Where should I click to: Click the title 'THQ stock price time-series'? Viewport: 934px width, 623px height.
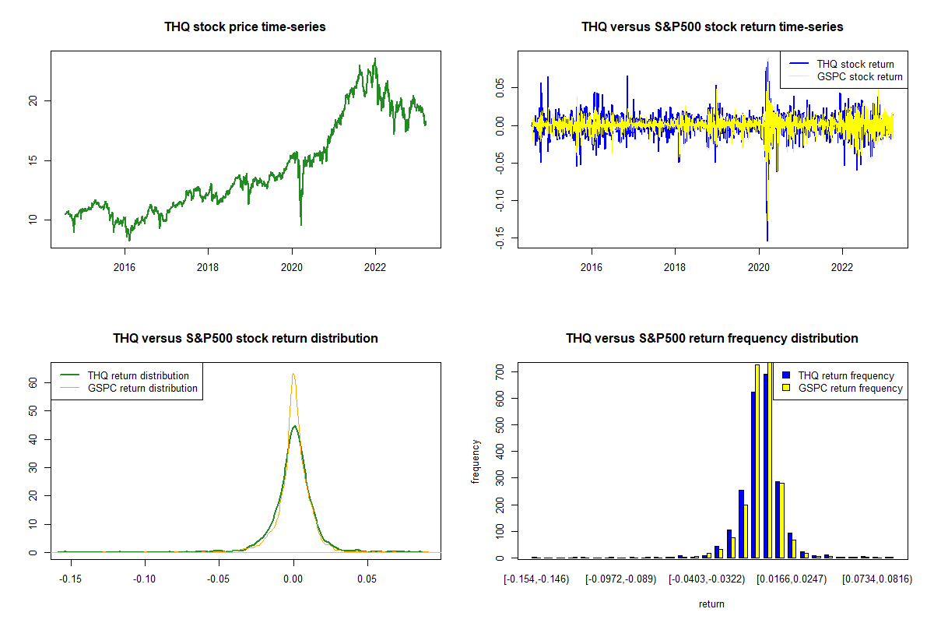(245, 26)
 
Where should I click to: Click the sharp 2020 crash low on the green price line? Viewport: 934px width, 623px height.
(300, 225)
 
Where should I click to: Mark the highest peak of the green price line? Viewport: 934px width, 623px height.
(376, 58)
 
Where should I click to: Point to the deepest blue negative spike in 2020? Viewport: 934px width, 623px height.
(767, 241)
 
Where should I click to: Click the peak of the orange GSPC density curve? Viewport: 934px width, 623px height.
(293, 374)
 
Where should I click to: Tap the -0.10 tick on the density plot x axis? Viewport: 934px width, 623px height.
(145, 579)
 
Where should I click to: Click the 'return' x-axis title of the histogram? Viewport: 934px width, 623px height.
(711, 604)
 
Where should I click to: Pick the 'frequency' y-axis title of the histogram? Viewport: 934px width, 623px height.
(476, 461)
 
